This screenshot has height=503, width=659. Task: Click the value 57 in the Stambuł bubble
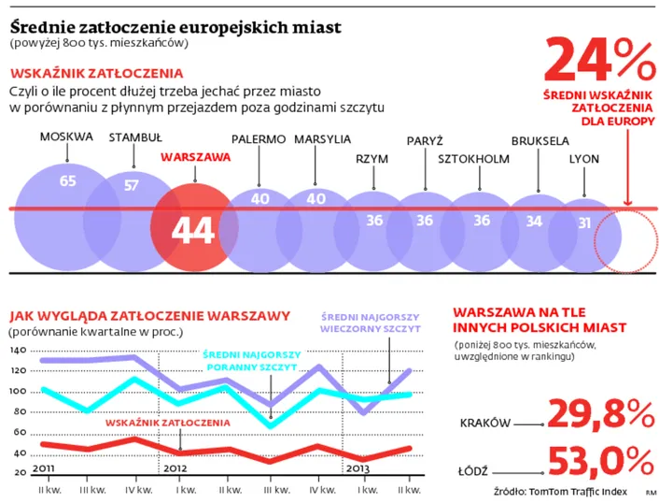pos(132,185)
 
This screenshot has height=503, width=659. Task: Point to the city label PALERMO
pos(258,138)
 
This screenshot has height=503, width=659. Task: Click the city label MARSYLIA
pos(322,138)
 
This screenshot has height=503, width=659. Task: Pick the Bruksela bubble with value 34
pos(534,222)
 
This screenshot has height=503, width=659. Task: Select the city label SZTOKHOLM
pos(473,158)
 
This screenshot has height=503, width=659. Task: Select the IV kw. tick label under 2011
pos(138,488)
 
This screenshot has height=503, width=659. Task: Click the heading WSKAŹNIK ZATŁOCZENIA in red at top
pos(96,73)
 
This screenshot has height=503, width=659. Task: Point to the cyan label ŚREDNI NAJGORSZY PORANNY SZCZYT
pos(251,362)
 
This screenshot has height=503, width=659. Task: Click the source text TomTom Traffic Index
pos(581,491)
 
